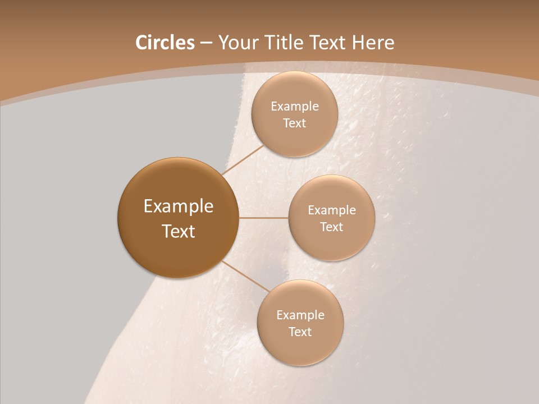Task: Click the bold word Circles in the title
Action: click(x=165, y=43)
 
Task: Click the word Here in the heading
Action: click(x=373, y=43)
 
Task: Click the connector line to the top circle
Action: click(x=244, y=159)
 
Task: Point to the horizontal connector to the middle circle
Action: click(x=263, y=218)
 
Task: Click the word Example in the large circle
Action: click(x=179, y=206)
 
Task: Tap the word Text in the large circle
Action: click(x=179, y=231)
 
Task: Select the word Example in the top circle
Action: click(x=295, y=107)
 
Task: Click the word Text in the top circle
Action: click(x=294, y=123)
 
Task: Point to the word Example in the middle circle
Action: click(x=332, y=210)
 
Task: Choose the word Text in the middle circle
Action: click(x=331, y=227)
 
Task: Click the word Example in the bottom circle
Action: click(x=300, y=315)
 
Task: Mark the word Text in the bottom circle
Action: click(x=300, y=332)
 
